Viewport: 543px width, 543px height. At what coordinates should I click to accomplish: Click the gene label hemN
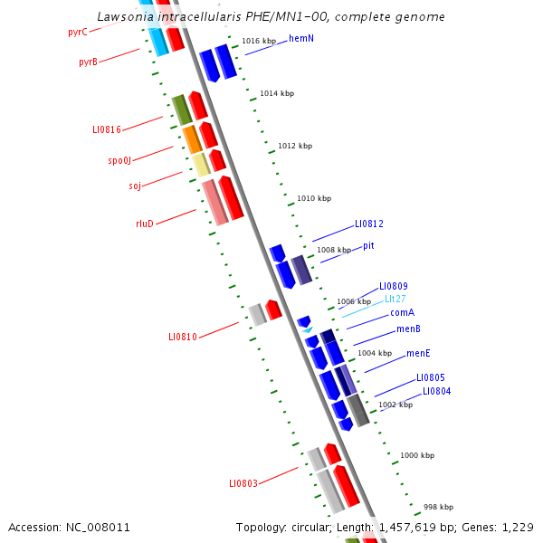(x=301, y=38)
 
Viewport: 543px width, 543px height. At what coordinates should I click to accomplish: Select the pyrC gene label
(x=78, y=33)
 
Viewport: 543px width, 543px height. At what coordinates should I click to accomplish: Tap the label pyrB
(x=88, y=62)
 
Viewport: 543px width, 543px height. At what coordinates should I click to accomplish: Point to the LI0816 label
(x=106, y=129)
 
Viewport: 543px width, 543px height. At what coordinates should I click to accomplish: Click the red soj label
(x=135, y=186)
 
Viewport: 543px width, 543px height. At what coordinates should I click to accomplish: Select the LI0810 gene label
(x=182, y=337)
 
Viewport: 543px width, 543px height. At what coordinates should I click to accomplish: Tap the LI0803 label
(x=243, y=483)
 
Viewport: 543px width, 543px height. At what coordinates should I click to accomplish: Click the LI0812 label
(x=369, y=224)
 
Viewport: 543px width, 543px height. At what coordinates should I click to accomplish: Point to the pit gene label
(x=368, y=245)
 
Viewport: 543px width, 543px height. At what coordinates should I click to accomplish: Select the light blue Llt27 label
(x=395, y=299)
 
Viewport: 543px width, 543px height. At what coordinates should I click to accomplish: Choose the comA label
(x=402, y=312)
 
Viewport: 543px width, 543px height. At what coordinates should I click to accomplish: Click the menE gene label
(x=417, y=353)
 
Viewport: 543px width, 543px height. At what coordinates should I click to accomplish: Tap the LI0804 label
(x=436, y=391)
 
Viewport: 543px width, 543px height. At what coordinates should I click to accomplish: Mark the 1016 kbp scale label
(x=259, y=41)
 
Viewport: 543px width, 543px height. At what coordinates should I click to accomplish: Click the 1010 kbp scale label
(x=314, y=198)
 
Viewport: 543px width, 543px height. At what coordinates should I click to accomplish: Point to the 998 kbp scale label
(x=438, y=507)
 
